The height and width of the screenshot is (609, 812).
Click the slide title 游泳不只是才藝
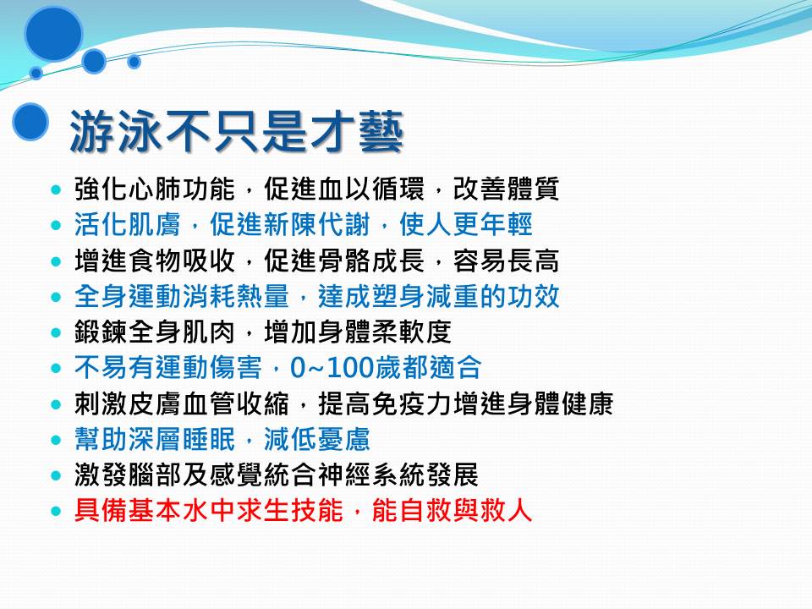click(237, 132)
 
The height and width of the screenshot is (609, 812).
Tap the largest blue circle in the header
click(54, 33)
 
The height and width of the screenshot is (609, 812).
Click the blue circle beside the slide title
click(30, 122)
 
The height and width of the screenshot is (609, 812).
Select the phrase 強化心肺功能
click(155, 189)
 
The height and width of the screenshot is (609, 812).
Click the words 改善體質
click(506, 189)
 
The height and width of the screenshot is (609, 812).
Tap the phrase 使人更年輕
click(465, 225)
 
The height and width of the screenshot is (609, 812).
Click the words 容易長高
click(506, 261)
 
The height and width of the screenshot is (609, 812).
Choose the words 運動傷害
click(209, 368)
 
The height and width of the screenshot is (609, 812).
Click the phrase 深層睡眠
click(182, 439)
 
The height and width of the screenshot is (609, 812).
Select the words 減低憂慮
click(317, 439)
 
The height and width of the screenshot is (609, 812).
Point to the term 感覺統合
click(262, 475)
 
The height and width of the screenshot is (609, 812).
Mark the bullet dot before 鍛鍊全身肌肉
click(57, 333)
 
